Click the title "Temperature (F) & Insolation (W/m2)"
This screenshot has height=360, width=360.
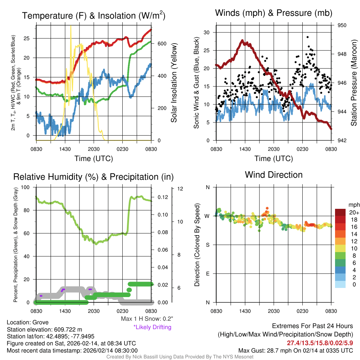(94, 16)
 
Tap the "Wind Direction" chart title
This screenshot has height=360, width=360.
(274, 175)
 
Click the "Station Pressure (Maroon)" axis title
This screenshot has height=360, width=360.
(354, 83)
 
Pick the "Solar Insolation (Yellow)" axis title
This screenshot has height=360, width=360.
(174, 83)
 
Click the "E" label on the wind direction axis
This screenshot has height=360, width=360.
(207, 274)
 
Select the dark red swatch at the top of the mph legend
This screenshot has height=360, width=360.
(340, 212)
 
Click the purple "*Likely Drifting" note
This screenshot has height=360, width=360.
(152, 327)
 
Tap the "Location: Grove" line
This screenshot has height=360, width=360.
(28, 322)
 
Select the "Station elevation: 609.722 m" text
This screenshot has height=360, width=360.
(44, 329)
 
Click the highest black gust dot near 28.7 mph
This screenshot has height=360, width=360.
(308, 37)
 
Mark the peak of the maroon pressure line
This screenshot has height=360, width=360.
(242, 41)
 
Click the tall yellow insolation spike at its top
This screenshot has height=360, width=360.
(71, 26)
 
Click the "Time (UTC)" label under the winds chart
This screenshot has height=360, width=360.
(274, 159)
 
